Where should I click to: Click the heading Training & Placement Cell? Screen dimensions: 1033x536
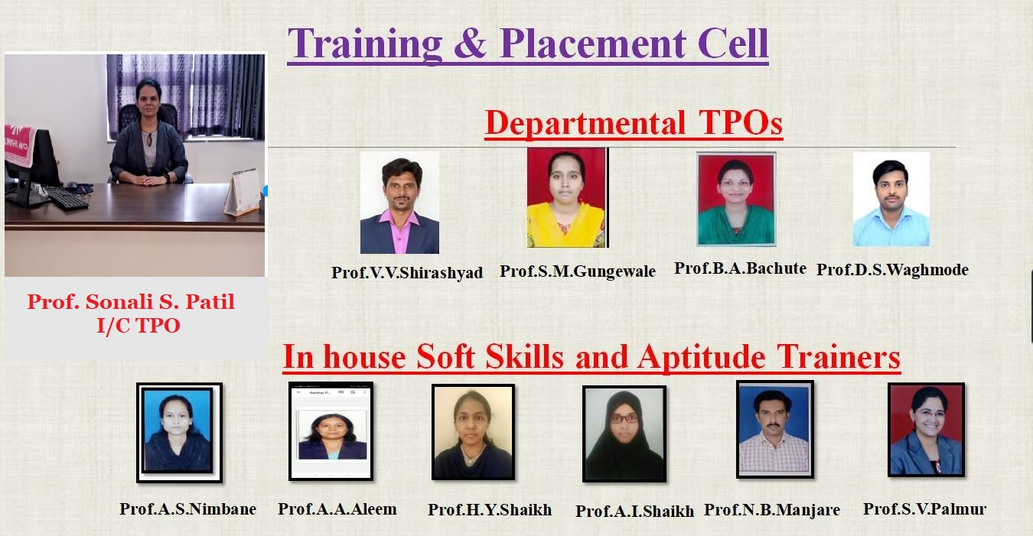click(x=528, y=44)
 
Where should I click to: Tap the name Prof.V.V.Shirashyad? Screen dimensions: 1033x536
click(x=407, y=272)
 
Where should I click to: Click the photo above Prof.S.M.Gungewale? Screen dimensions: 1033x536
click(x=568, y=198)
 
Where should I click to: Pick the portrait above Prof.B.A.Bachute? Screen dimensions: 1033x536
click(x=736, y=199)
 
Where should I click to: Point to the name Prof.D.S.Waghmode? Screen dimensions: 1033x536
click(x=892, y=270)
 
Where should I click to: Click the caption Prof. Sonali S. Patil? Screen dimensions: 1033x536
click(x=131, y=302)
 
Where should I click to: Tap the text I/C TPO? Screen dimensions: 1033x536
click(x=138, y=326)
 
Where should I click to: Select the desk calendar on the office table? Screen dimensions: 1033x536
click(x=243, y=193)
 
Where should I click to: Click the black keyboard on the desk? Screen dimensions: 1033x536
click(x=67, y=198)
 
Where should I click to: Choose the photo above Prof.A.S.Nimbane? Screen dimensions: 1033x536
click(x=179, y=432)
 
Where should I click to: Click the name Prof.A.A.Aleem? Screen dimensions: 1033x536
click(x=337, y=509)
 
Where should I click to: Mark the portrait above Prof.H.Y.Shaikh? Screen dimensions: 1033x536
click(x=473, y=432)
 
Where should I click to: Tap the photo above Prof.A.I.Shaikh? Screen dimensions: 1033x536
click(x=624, y=434)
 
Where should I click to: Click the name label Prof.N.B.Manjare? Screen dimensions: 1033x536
click(x=772, y=510)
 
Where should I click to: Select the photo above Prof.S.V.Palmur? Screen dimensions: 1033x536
click(x=926, y=430)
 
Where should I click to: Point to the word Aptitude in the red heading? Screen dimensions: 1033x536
click(x=701, y=358)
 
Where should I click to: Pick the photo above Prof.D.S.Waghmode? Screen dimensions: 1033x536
click(x=891, y=200)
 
